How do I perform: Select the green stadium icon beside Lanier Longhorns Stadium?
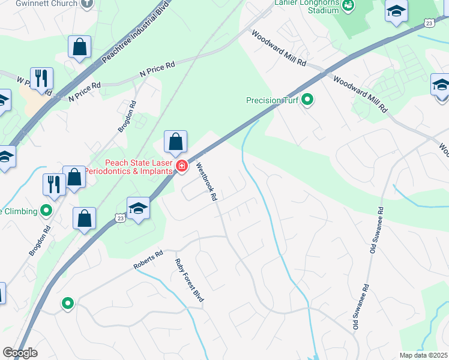(x=348, y=5)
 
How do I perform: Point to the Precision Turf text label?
(x=273, y=100)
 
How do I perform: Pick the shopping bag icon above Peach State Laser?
(x=175, y=143)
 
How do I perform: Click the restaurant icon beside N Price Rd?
(x=41, y=79)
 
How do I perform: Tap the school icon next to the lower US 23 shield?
(x=138, y=208)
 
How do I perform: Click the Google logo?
(x=20, y=353)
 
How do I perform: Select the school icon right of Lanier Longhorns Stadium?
(x=396, y=12)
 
